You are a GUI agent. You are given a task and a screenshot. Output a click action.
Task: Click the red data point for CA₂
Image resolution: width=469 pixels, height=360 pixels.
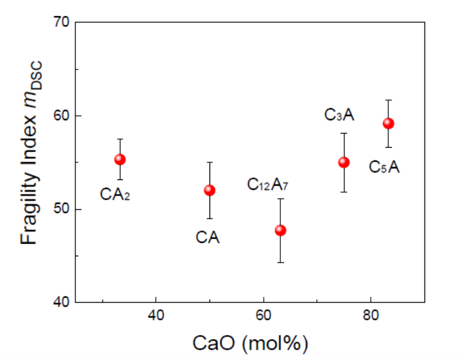120,159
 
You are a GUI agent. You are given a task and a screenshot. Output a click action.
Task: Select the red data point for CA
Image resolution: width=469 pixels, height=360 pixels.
209,190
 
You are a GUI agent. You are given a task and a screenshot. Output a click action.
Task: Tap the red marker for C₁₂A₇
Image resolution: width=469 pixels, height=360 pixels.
280,230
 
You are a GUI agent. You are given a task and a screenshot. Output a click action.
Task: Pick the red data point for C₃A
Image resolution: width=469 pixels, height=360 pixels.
344,162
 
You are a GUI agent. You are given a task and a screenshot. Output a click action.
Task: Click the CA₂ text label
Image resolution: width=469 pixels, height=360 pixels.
115,195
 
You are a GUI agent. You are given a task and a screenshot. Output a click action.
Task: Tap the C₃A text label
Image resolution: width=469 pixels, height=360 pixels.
339,114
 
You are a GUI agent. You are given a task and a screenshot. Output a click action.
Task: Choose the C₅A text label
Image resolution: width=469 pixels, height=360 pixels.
384,167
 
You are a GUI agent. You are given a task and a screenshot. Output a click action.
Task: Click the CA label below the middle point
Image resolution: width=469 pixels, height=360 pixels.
208,237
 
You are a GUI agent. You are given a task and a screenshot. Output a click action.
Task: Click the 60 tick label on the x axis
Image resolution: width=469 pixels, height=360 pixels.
263,317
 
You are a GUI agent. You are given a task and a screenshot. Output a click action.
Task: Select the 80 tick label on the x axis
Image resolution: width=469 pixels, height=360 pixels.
371,317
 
